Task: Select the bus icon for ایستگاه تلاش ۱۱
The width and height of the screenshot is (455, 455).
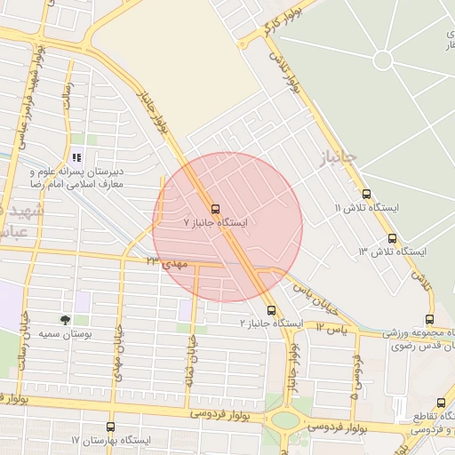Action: click(x=366, y=194)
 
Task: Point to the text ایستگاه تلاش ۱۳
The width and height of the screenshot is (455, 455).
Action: click(x=393, y=252)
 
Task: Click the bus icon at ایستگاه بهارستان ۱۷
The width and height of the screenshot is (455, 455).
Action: click(x=110, y=427)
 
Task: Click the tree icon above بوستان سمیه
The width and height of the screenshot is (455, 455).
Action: click(x=66, y=319)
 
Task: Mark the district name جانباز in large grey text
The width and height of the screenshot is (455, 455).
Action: click(x=337, y=161)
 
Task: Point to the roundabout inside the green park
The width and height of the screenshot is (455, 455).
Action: click(x=383, y=60)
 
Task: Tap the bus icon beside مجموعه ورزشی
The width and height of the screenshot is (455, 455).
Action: click(x=430, y=320)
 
